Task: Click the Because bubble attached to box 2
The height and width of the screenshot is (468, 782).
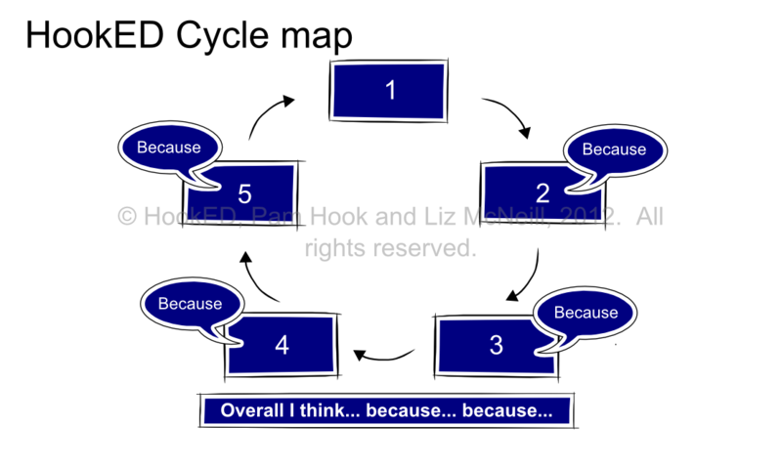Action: [614, 149]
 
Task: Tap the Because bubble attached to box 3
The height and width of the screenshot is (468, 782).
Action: [586, 312]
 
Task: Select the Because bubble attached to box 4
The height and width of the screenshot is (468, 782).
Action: [192, 303]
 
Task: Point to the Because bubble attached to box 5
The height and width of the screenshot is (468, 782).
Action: [168, 149]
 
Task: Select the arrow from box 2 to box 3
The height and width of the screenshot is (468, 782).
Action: [528, 276]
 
